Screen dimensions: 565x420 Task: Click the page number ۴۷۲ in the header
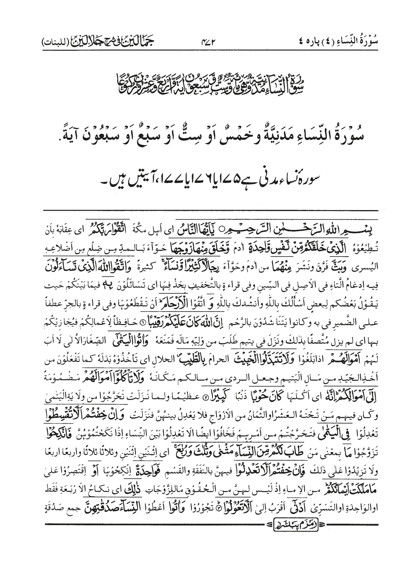click(210, 42)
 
